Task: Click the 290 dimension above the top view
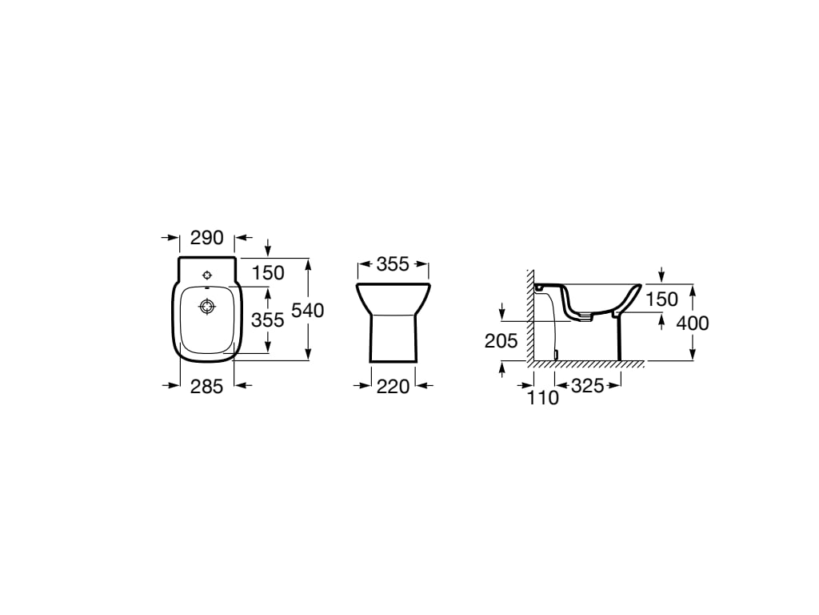[x=206, y=239]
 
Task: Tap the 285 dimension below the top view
[x=206, y=387]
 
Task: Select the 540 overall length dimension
[x=308, y=310]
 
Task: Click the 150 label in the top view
[x=268, y=272]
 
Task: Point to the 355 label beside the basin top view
[x=268, y=320]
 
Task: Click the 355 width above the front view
[x=393, y=264]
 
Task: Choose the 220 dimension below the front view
[x=393, y=387]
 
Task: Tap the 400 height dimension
[x=692, y=323]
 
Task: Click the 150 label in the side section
[x=661, y=299]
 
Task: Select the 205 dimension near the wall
[x=501, y=340]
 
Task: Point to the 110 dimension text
[x=543, y=397]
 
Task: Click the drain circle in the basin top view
[x=207, y=306]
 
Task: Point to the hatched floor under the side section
[x=588, y=365]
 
